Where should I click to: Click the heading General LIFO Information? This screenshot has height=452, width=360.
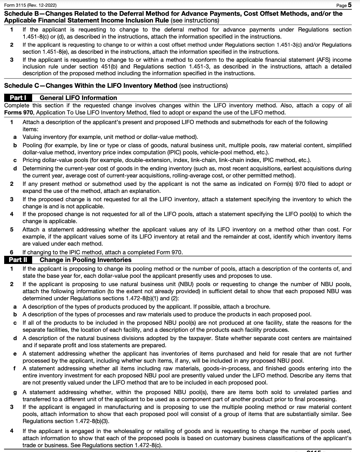[78, 98]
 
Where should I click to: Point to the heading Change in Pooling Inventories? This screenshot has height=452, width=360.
[85, 260]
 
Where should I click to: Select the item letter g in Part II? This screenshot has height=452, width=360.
[15, 392]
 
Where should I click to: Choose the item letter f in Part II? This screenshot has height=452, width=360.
[15, 368]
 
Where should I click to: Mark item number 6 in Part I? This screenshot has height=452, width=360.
[12, 252]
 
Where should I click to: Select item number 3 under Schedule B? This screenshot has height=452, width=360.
[12, 60]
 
